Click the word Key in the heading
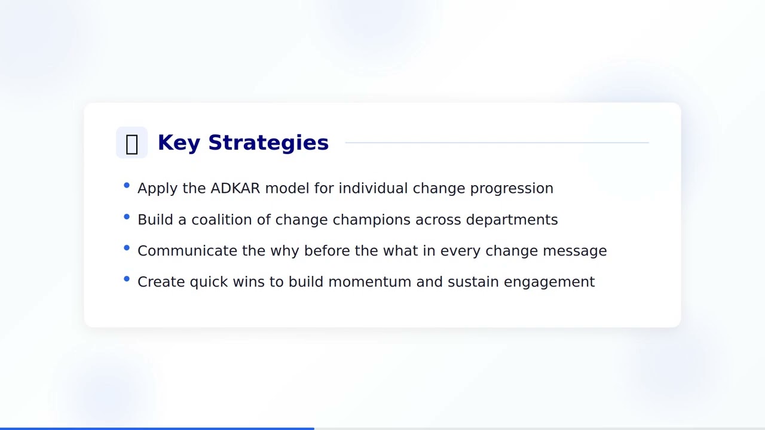pos(178,143)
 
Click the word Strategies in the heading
pos(268,143)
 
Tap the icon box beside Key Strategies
pos(131,143)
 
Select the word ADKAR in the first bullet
pos(235,188)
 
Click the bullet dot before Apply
pos(127,186)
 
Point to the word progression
pos(512,188)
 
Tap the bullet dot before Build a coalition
pos(127,217)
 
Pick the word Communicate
pos(187,251)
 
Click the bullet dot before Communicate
pos(127,248)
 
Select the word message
pos(574,251)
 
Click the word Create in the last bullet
pos(161,282)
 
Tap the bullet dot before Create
pos(127,279)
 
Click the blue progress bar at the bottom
pos(157,428)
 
